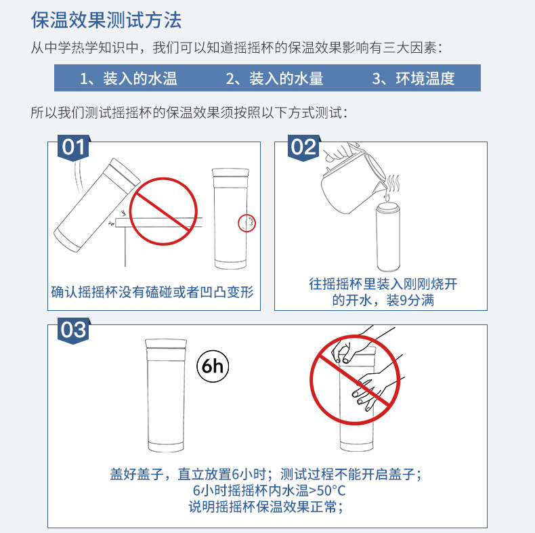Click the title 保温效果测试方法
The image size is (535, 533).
106,20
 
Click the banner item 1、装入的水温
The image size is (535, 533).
129,79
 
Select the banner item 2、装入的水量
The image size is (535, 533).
274,79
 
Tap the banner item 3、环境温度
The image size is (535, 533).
414,79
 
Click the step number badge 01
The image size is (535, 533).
73,148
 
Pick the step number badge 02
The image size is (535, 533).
303,148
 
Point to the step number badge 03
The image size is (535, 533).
73,331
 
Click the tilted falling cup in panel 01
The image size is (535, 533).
97,205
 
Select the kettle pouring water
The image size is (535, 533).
352,178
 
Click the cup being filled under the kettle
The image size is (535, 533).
388,238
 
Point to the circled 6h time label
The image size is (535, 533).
213,366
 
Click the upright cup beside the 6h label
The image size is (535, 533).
166,396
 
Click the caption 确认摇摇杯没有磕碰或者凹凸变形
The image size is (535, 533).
152,292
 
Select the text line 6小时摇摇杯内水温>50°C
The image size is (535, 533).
270,490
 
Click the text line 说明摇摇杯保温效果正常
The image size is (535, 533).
265,507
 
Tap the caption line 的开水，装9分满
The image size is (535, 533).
383,300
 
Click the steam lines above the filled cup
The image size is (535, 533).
393,184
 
